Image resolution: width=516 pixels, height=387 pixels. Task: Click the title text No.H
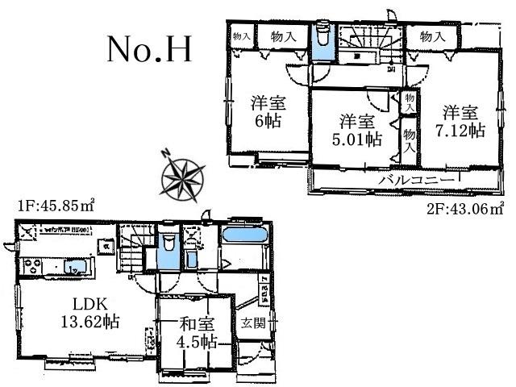[x=149, y=50]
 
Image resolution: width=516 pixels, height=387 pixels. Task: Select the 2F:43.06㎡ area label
[x=466, y=206]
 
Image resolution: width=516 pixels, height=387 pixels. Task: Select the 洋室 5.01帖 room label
[x=356, y=130]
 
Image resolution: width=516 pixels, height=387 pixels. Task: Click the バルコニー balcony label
[x=410, y=179]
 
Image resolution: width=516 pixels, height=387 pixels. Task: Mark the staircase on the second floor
[x=365, y=42]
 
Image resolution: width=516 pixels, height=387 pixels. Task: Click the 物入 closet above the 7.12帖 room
[x=433, y=36]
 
